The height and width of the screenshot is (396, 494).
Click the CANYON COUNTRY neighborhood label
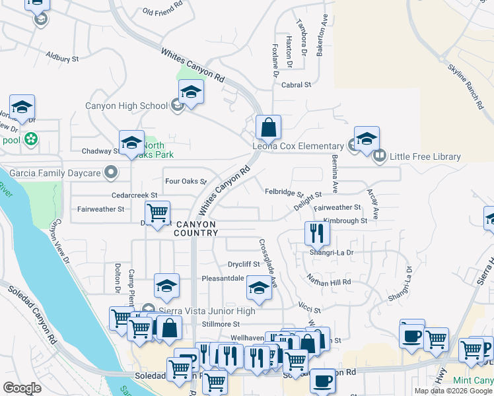195,228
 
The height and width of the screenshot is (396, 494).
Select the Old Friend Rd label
162,12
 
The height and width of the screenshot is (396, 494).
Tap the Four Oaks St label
186,181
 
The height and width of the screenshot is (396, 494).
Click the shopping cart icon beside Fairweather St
157,212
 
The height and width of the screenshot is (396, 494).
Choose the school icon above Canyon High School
191,91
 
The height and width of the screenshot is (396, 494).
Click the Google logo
22,388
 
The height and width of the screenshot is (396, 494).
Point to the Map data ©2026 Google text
453,391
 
